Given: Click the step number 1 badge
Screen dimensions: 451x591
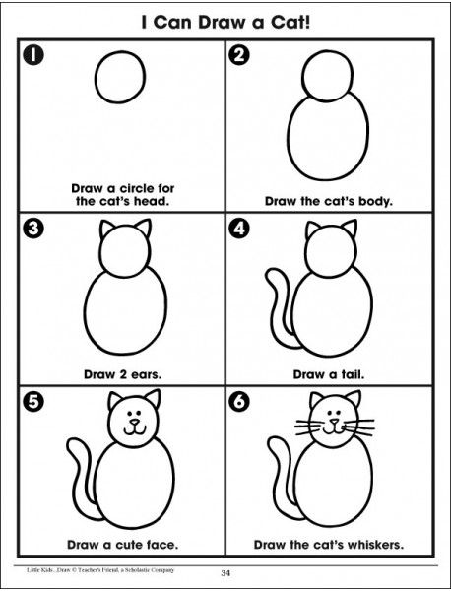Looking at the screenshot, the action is coord(33,55).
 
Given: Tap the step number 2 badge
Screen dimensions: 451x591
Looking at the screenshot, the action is coord(239,55).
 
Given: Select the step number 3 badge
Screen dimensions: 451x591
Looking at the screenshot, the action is coord(33,229).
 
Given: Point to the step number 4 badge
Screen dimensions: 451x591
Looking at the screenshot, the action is coord(239,229).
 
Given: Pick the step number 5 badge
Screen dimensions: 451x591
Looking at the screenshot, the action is coord(33,402).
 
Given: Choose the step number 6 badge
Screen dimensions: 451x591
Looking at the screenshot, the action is coord(239,402).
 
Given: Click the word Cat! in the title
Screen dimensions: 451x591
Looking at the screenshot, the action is coord(290,23).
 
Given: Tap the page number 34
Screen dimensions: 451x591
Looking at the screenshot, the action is coord(225,573).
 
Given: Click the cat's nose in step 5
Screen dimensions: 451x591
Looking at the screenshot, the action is coord(134,421).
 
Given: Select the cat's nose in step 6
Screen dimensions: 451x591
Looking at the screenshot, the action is coord(334,421).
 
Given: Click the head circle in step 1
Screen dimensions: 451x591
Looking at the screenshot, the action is coord(96,77).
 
